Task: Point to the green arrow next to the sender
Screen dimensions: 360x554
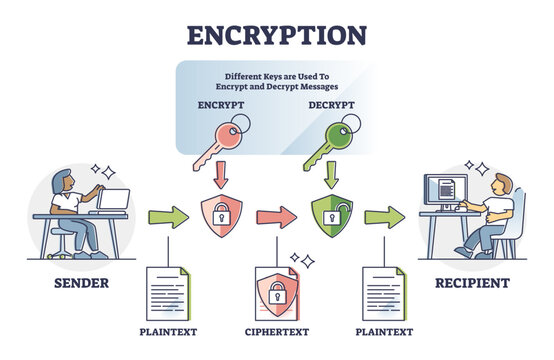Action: click(166, 217)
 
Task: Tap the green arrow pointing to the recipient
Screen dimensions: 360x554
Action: click(385, 217)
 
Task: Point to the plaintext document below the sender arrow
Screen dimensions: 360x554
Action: click(166, 290)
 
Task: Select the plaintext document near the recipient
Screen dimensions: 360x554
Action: click(385, 290)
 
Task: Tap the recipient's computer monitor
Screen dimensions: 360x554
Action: click(444, 190)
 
